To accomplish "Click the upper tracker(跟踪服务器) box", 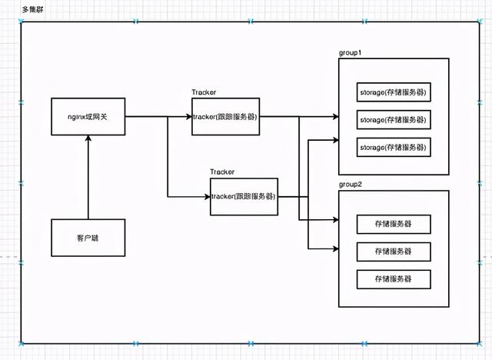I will [x=226, y=116].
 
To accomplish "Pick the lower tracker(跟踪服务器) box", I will [x=244, y=196].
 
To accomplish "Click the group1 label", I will [x=351, y=52].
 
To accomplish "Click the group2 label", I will [x=351, y=185].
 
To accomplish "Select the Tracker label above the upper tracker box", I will [x=204, y=92].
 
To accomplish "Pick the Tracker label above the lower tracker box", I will [x=222, y=172].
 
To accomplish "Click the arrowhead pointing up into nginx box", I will [x=88, y=138].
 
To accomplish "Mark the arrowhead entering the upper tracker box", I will [x=188, y=116].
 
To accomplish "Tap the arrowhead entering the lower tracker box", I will [x=207, y=196].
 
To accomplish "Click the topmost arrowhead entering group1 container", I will [x=335, y=117].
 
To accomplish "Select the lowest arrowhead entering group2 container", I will [x=335, y=248].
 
